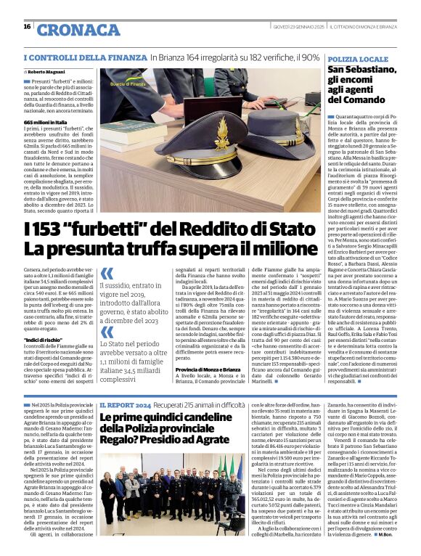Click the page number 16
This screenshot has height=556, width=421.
pyautogui.click(x=27, y=27)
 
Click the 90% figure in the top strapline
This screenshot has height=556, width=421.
pyautogui.click(x=310, y=57)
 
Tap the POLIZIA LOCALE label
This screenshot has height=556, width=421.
pyautogui.click(x=358, y=58)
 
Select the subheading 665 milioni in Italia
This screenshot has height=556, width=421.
pyautogui.click(x=45, y=123)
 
